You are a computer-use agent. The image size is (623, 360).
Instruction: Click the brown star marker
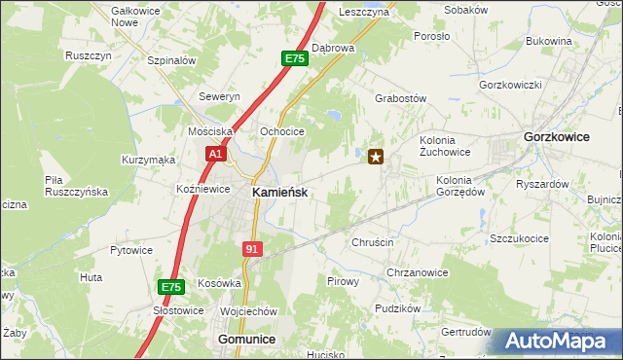coord(376,156)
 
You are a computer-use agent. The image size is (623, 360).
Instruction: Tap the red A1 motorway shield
coord(216,154)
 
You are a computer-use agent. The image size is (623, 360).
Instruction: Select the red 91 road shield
coord(252,249)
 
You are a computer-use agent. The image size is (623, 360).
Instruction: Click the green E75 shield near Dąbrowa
coord(295,59)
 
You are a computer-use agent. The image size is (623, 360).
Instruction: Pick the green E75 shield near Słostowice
coord(171,287)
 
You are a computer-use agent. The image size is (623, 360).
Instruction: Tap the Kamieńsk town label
coord(280,193)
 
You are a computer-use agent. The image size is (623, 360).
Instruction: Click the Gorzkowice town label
coord(556,137)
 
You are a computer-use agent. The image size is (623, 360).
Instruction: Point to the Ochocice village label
coord(282,131)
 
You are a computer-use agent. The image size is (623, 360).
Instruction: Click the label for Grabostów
coord(401,98)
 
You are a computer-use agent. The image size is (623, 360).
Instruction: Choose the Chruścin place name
coord(372,242)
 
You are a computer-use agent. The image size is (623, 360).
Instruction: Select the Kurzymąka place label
coord(148,159)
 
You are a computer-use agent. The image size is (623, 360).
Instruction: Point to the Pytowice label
coord(131,250)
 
